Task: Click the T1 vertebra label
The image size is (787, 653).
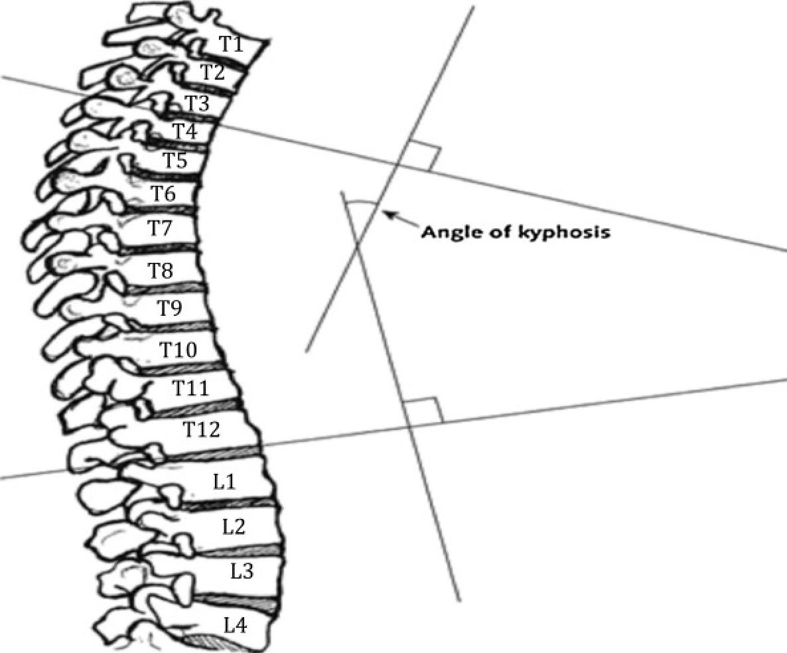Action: click(231, 44)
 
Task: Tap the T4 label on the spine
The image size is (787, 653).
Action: click(185, 131)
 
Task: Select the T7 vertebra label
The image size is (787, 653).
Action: click(160, 228)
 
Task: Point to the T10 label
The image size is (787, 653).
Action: click(179, 349)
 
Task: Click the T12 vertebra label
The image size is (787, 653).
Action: click(201, 429)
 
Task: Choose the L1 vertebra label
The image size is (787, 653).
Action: click(224, 482)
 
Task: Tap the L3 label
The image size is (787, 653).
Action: click(242, 571)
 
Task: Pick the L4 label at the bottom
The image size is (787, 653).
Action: click(235, 625)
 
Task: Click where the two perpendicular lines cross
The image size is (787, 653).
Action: click(357, 244)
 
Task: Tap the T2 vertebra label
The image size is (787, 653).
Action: click(212, 73)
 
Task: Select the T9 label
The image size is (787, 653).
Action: click(171, 308)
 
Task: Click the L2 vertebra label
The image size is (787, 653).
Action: click(234, 526)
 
